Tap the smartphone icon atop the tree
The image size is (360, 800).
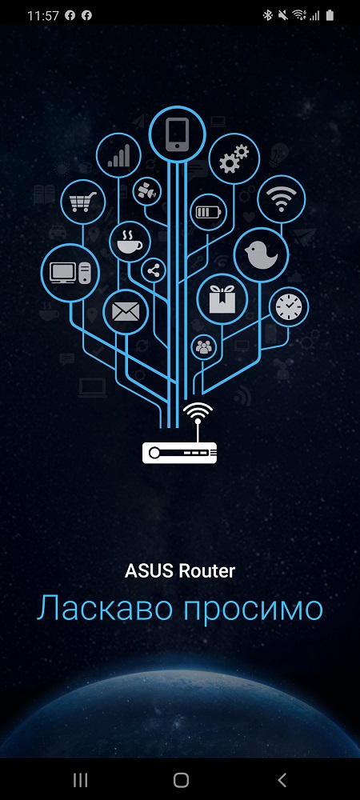[x=177, y=134]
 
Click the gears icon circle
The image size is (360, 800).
[x=234, y=158]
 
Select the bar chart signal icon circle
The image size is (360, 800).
[x=119, y=155]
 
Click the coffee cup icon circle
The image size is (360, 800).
[x=130, y=242]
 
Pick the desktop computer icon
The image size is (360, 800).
[x=70, y=273]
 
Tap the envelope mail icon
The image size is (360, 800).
[x=126, y=311]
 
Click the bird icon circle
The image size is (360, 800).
[x=262, y=254]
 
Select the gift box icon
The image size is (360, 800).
[x=222, y=298]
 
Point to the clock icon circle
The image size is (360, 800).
[x=289, y=306]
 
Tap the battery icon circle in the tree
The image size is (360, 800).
[x=210, y=212]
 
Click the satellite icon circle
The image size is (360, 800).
[x=147, y=192]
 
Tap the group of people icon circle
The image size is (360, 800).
[x=203, y=347]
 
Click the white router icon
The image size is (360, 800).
[x=179, y=433]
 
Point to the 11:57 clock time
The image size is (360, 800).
[x=43, y=16]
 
